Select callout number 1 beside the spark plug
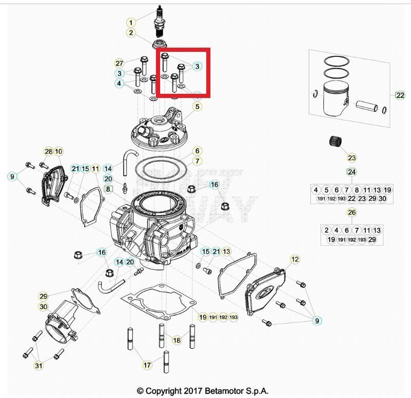[x=131, y=23]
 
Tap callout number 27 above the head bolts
[x=119, y=63]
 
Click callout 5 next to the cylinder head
[x=197, y=107]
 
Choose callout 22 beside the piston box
[x=400, y=95]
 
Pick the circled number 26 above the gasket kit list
[x=351, y=212]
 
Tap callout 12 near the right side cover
[x=295, y=260]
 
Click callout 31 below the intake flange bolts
[x=38, y=365]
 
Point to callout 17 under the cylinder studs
[x=147, y=365]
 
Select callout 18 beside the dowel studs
[x=177, y=340]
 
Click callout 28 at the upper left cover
[x=48, y=152]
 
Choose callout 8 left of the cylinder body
[x=107, y=189]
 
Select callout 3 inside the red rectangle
[x=197, y=66]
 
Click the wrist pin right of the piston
[x=368, y=108]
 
